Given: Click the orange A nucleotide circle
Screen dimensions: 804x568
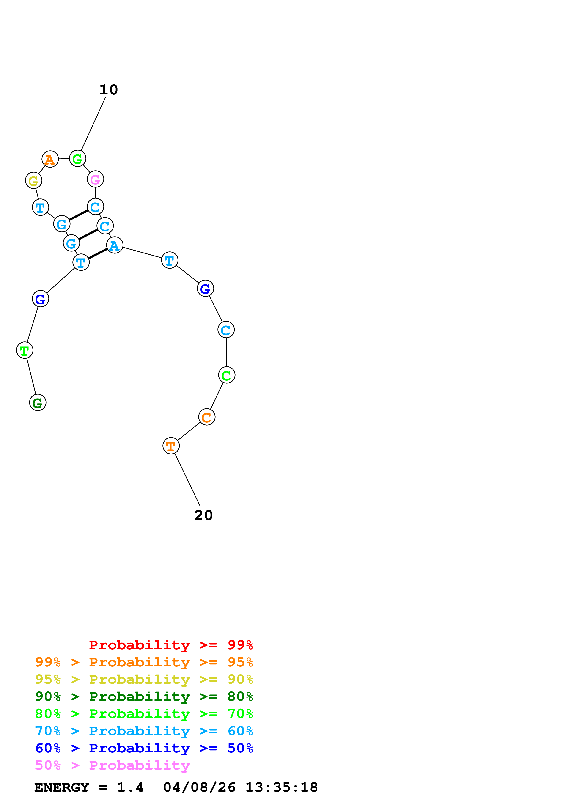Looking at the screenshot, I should coord(50,159).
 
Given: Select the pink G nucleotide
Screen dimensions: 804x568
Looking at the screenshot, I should coord(95,179).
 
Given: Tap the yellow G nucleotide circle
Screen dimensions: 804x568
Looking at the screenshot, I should coord(34,181).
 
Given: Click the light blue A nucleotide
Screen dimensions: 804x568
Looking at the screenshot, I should coord(114,245).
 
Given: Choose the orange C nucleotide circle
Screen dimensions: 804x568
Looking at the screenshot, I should coord(206,417).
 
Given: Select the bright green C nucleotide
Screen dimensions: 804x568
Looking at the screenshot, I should coord(226,375).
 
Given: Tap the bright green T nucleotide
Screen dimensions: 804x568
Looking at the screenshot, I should coord(25,350).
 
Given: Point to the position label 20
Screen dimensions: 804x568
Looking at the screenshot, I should coord(203,515).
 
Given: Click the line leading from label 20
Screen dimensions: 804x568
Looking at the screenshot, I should coord(187,479).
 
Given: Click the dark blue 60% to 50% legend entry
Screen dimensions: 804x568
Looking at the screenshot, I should coord(144,748).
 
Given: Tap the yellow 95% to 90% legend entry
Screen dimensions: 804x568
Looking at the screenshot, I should coord(144,679).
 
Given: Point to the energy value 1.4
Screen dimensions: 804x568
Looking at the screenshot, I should coord(130,787).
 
